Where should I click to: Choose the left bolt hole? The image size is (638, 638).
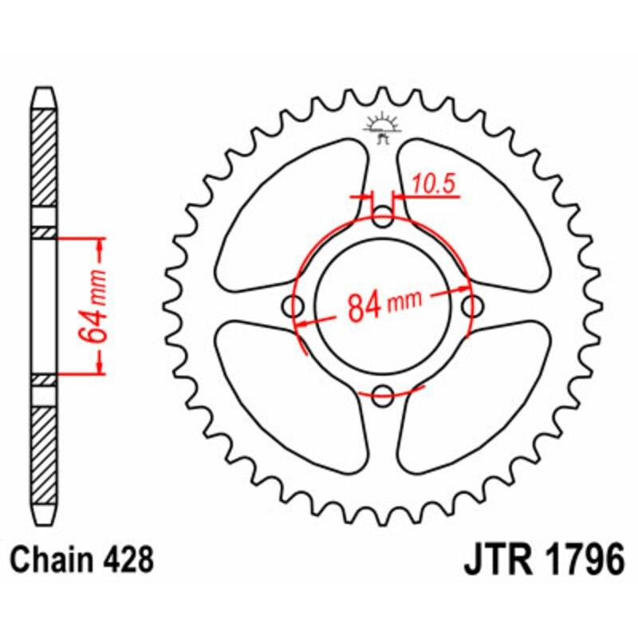[295, 305]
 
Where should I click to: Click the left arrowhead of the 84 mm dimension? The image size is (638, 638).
[301, 324]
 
